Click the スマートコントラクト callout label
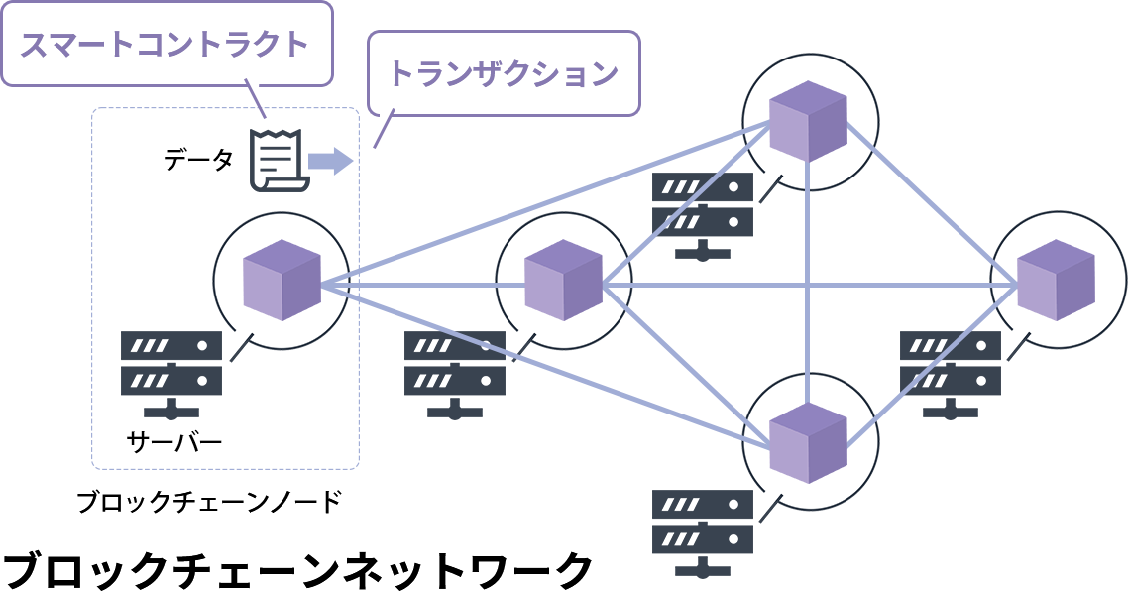165,44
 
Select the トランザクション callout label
503,73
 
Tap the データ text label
198,160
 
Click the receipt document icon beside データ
278,160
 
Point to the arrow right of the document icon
330,161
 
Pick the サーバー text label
174,440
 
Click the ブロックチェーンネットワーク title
297,568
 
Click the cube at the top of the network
810,120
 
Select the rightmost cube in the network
1057,280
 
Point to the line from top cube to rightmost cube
932,202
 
